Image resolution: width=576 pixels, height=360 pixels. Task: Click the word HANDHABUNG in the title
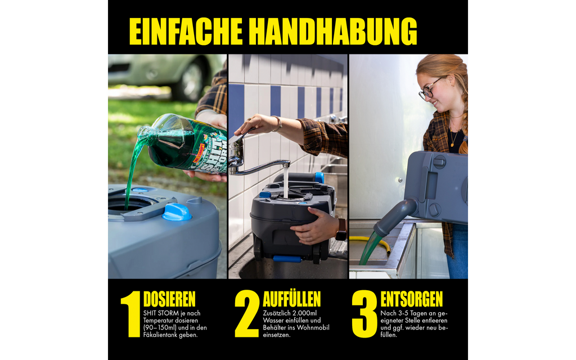click(333, 31)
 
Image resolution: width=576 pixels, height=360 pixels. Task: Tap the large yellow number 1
click(131, 314)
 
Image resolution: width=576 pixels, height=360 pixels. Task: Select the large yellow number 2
click(247, 314)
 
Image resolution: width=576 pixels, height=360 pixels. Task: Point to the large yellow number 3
click(364, 314)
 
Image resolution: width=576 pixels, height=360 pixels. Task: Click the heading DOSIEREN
click(169, 299)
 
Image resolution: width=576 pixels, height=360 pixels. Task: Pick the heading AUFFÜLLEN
click(292, 299)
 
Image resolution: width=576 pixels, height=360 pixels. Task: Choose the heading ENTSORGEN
click(411, 299)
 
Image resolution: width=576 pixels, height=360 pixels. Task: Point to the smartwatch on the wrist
click(341, 229)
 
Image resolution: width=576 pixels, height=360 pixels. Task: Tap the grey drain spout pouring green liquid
click(395, 216)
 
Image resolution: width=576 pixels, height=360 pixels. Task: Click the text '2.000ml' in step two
click(304, 313)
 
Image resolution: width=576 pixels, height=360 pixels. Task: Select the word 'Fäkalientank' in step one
click(160, 335)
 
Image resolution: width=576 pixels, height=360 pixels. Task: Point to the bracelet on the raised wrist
click(277, 123)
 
